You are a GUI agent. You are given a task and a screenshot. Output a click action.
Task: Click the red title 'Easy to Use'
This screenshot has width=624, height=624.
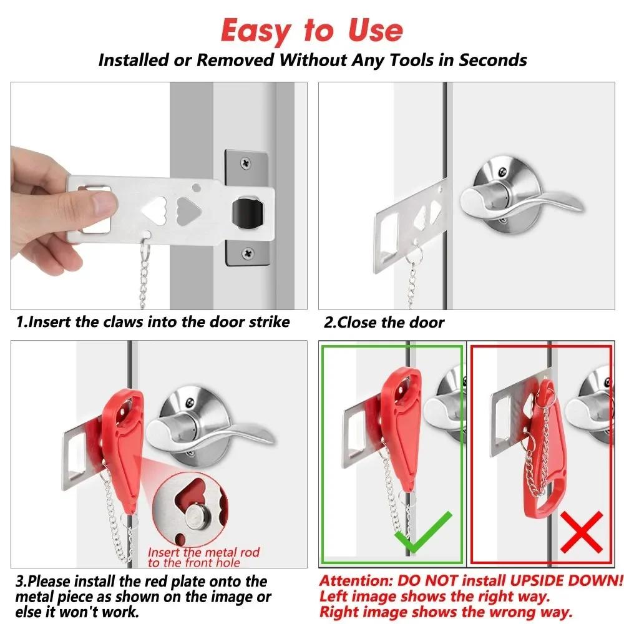coord(312,30)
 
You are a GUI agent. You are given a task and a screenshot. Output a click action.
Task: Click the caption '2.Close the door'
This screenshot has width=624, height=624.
coord(384,323)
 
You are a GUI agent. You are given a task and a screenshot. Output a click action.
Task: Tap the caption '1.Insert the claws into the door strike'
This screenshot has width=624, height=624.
coord(153,322)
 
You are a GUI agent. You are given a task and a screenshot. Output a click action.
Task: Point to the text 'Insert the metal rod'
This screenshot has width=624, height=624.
coord(203,552)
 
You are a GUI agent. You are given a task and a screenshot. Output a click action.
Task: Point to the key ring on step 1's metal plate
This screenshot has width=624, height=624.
coord(145,241)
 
